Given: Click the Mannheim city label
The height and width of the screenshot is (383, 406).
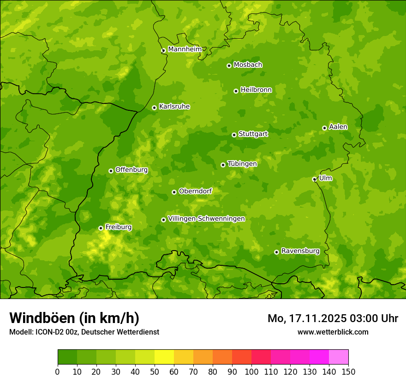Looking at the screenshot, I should click(185, 49).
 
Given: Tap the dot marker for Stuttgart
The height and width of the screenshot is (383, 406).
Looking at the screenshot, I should click(234, 135).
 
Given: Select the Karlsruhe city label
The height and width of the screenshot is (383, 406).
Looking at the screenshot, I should click(174, 107).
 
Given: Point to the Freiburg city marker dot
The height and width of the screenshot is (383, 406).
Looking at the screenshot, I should click(101, 228).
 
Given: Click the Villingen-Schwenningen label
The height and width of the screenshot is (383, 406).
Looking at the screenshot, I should click(206, 219).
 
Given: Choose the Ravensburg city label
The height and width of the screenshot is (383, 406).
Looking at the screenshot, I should click(300, 251).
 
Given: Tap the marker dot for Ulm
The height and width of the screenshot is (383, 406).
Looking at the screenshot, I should click(314, 179).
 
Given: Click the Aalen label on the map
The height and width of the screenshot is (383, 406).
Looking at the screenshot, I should click(338, 127).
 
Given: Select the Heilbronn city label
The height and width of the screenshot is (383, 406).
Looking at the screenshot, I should click(256, 90).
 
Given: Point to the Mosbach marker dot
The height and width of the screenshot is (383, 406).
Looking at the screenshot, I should click(229, 66).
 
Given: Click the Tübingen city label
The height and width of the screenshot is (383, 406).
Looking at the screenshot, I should click(242, 164).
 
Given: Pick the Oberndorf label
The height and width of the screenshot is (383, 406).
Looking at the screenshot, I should click(195, 191).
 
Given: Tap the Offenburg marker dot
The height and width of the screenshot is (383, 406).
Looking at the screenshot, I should click(111, 171).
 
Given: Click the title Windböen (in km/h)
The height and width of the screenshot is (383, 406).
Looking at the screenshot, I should click(74, 318).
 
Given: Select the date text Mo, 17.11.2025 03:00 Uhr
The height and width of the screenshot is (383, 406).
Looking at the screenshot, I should click(333, 318).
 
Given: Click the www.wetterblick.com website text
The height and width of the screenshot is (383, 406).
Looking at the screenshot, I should click(333, 332).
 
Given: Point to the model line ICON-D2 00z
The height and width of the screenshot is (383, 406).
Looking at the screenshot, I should click(84, 332).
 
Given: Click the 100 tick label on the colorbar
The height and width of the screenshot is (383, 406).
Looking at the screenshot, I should click(251, 371).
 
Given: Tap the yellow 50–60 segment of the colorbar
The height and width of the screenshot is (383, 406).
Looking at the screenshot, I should click(164, 357).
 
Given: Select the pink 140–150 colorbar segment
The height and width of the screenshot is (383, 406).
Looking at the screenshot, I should click(339, 357).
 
